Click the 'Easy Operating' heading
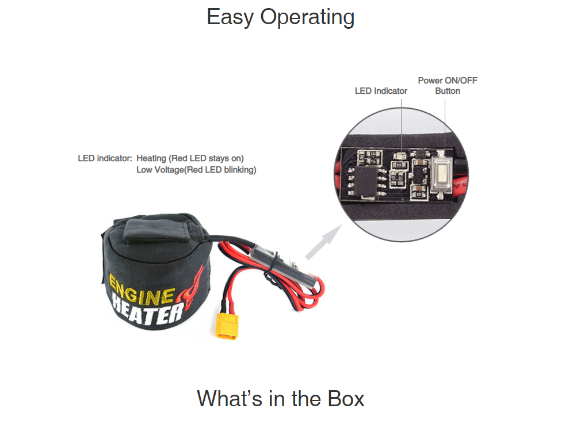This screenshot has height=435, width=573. [x=280, y=17]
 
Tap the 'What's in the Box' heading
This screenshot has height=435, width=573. [x=280, y=398]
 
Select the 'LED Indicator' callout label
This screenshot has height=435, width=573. [x=381, y=91]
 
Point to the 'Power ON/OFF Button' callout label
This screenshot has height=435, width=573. [x=447, y=85]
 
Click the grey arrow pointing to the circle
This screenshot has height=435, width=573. [x=322, y=242]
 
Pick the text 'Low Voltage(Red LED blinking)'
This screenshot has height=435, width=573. [x=196, y=170]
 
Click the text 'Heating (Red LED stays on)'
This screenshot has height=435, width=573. [x=190, y=158]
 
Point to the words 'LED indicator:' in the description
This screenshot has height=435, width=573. [x=105, y=158]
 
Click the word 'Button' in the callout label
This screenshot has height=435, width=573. [x=447, y=91]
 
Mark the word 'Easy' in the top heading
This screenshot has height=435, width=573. [x=230, y=17]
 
